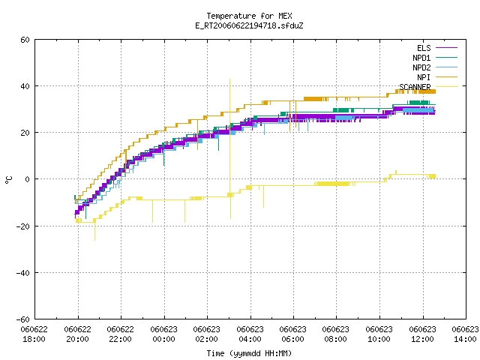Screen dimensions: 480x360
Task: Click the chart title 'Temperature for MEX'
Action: click(x=249, y=16)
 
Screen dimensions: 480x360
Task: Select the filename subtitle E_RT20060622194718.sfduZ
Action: click(x=249, y=25)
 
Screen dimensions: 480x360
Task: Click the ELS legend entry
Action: click(x=424, y=48)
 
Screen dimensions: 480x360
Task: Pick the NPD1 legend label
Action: click(x=421, y=58)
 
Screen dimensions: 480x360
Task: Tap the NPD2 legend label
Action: click(x=421, y=67)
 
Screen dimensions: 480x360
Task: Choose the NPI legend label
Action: click(x=424, y=77)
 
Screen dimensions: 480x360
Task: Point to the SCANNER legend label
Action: click(x=415, y=87)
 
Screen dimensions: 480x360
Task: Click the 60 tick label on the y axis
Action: click(x=25, y=40)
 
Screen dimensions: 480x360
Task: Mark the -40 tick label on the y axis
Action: click(x=23, y=273)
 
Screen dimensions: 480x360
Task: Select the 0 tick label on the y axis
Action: click(x=27, y=179)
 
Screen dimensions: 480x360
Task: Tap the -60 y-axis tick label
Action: click(x=23, y=319)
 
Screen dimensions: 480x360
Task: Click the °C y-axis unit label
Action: click(x=8, y=180)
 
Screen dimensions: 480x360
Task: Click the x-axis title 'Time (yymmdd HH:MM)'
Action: click(x=249, y=353)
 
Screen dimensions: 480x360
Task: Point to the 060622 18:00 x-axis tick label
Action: click(x=34, y=334)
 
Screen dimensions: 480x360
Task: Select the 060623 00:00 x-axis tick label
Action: click(x=163, y=334)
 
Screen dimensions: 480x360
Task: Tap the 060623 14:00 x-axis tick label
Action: click(x=465, y=334)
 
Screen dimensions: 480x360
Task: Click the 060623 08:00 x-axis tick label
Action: click(x=336, y=334)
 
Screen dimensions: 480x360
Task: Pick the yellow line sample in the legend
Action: click(x=446, y=87)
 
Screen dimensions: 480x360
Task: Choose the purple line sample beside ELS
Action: click(x=446, y=48)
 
